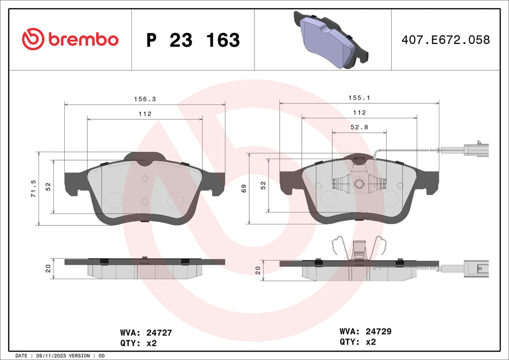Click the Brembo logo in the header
click(70, 39)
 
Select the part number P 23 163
click(193, 40)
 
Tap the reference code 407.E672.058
click(446, 40)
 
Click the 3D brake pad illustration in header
click(331, 40)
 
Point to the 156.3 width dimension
click(141, 99)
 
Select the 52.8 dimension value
click(358, 127)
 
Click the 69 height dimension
click(244, 187)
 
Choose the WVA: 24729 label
click(365, 332)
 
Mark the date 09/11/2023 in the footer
click(55, 356)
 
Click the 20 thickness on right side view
click(258, 271)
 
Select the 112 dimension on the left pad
click(145, 114)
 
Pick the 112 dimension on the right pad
click(359, 112)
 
